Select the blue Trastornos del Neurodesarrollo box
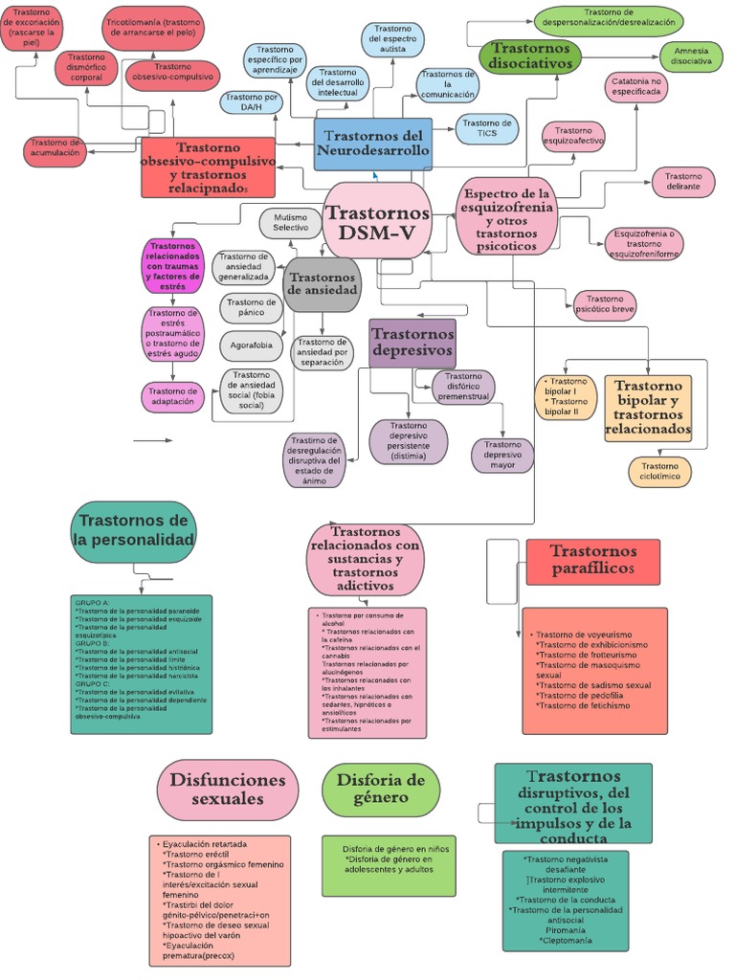click(x=372, y=145)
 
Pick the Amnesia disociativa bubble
click(x=691, y=56)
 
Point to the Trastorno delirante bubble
click(x=683, y=181)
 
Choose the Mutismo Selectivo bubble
click(x=290, y=223)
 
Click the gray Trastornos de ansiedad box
click(x=322, y=284)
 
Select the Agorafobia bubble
click(x=252, y=345)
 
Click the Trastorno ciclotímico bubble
click(x=659, y=471)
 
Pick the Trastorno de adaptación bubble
click(x=172, y=396)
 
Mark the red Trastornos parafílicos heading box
click(x=592, y=561)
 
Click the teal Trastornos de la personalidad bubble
click(x=133, y=531)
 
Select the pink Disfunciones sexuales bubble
click(x=227, y=790)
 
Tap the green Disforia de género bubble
click(x=380, y=790)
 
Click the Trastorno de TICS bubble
click(x=486, y=127)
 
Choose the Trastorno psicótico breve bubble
click(x=604, y=305)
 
